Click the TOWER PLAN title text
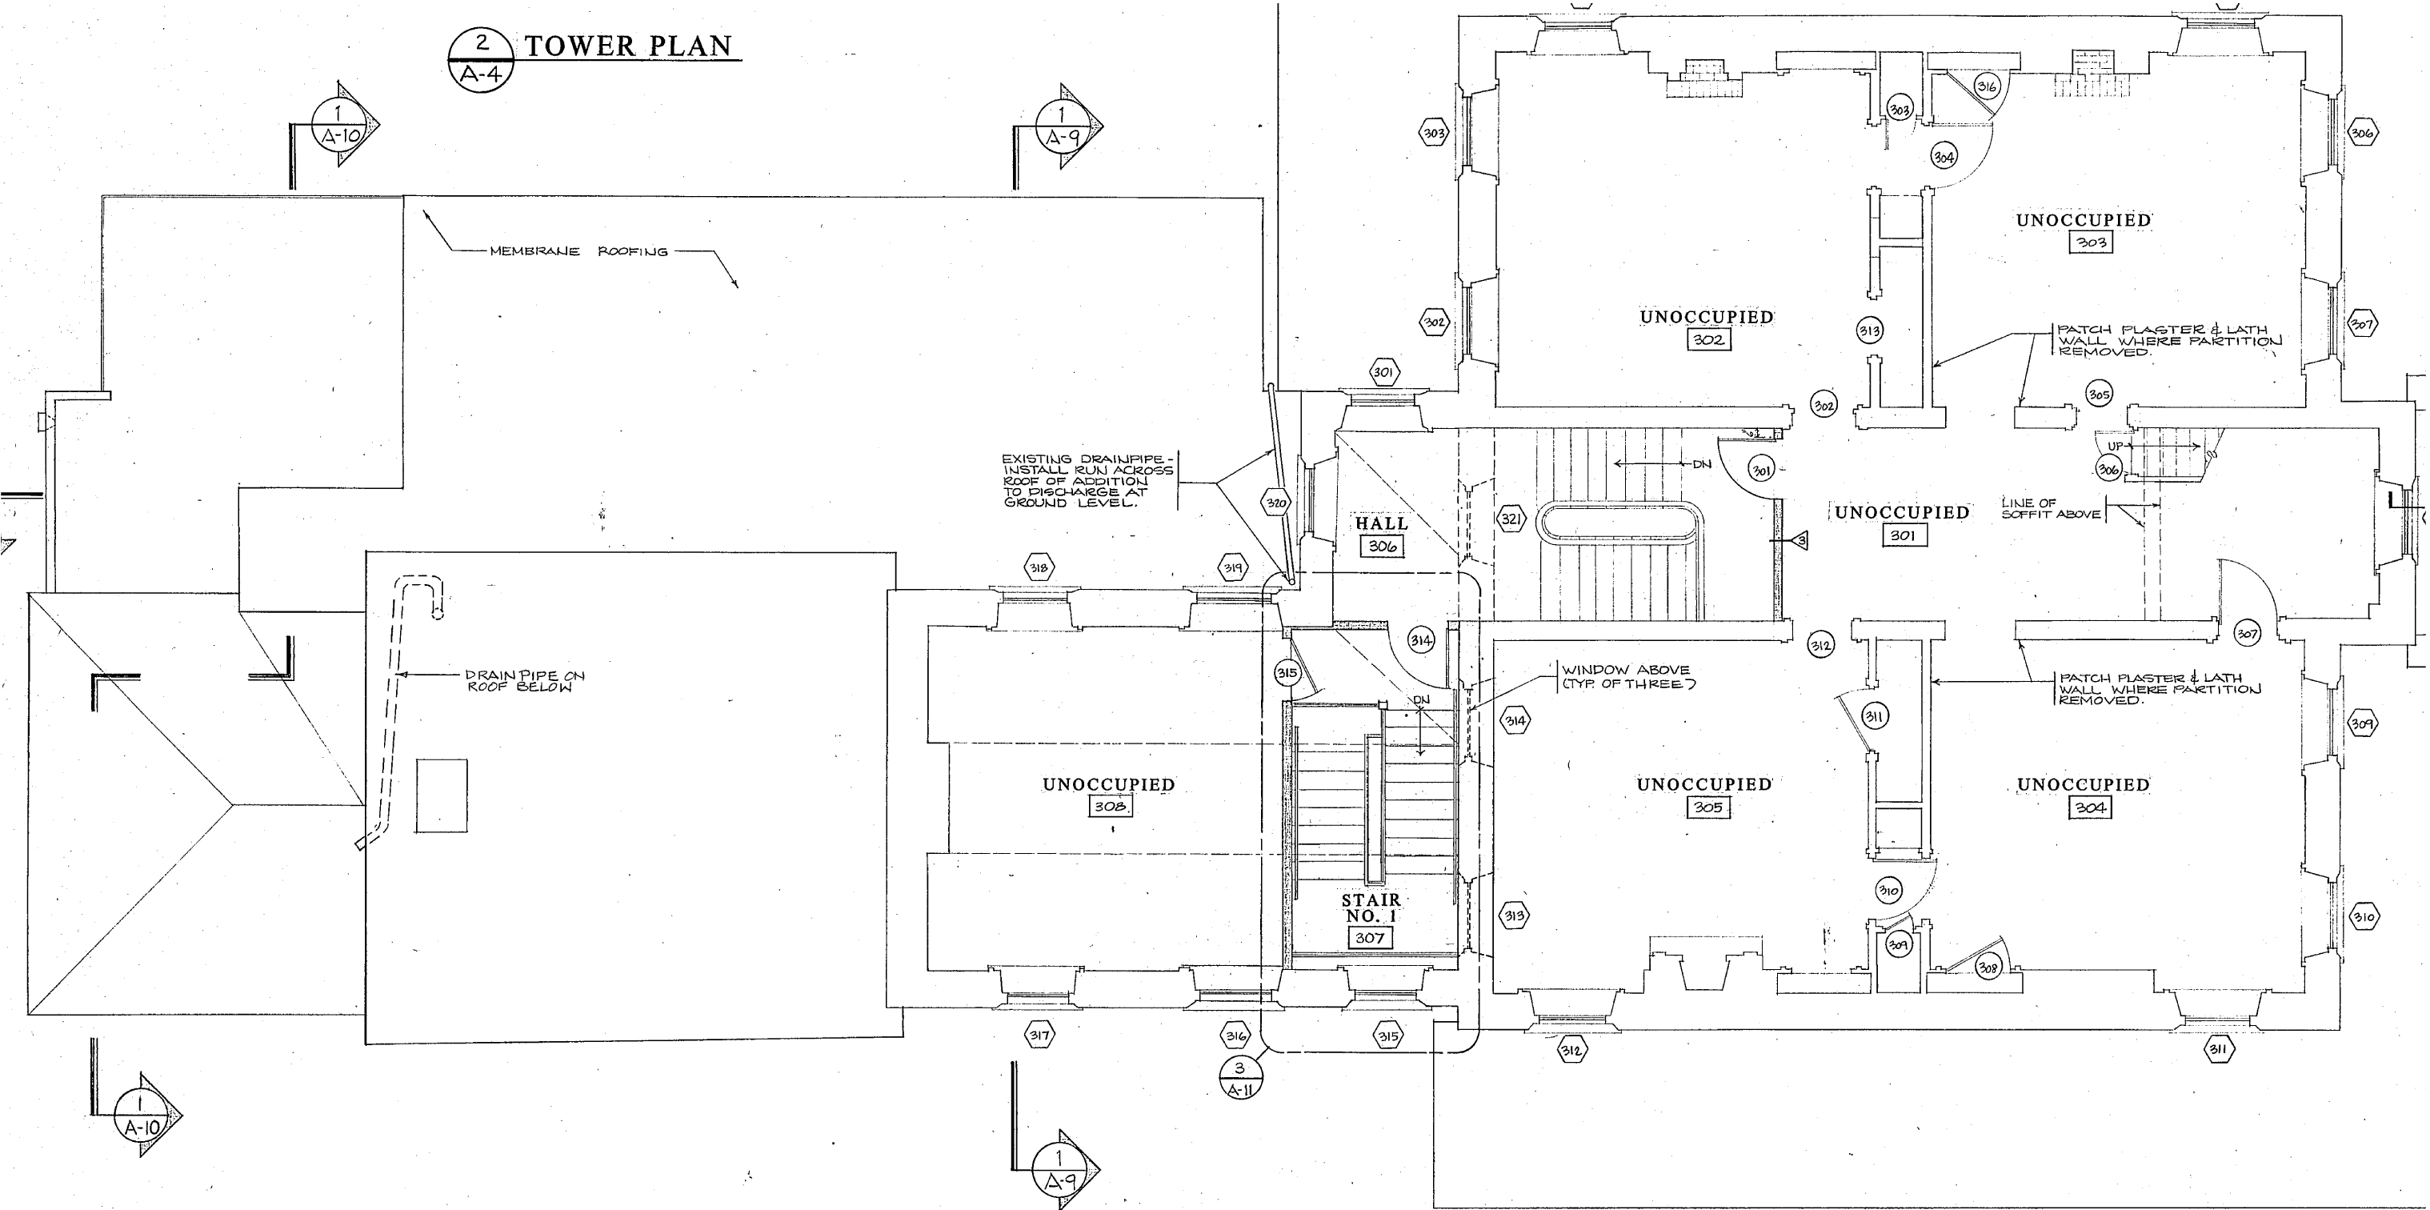627,46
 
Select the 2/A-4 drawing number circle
481,59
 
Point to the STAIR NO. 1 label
1371,908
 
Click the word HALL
1382,523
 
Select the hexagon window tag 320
1275,503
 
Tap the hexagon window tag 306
2361,133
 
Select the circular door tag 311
1875,716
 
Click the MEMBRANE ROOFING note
578,251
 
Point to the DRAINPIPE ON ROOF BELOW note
525,680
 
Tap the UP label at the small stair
2115,447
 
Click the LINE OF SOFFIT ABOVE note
2050,509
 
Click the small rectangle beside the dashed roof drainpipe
442,795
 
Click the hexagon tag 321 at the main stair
1511,518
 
